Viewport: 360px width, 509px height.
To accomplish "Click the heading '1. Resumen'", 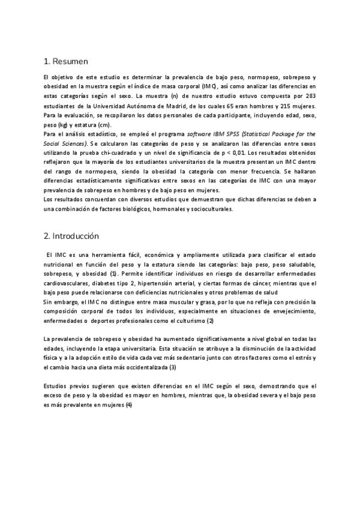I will [66, 61].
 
